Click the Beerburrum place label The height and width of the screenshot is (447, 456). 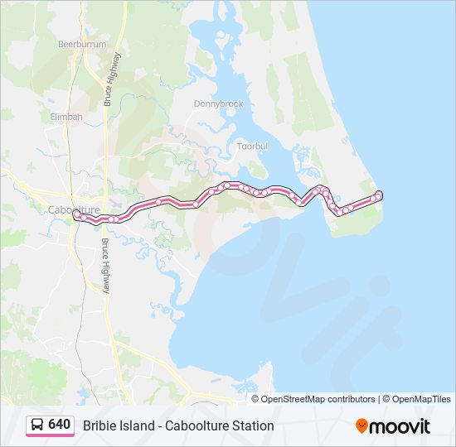80,43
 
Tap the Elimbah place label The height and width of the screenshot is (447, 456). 66,117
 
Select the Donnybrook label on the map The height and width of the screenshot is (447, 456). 218,104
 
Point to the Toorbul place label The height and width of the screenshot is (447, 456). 252,146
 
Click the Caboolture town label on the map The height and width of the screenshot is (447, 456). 74,209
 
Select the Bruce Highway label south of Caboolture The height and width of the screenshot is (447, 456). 106,266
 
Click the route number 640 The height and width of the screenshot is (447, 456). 59,424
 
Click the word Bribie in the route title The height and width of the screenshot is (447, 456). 99,425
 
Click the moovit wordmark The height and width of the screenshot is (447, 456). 400,426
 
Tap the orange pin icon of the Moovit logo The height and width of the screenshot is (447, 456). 362,425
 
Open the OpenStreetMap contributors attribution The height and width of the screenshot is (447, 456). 318,399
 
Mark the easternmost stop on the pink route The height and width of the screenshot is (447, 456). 380,195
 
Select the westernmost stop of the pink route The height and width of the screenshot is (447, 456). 75,214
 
